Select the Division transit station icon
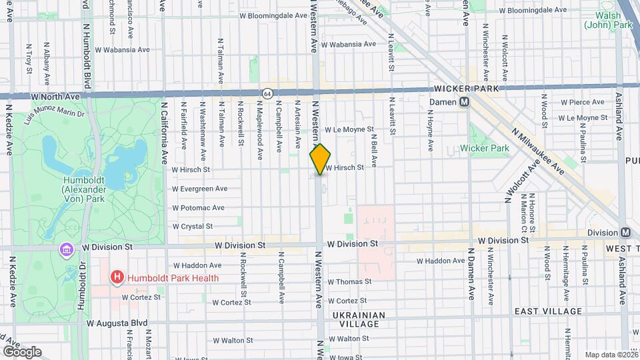(x=625, y=233)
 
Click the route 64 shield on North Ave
(x=267, y=93)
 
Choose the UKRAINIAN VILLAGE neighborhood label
(x=356, y=319)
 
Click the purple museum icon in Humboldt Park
(x=67, y=249)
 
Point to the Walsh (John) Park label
(x=608, y=20)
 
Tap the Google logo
(x=21, y=351)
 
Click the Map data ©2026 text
(x=611, y=355)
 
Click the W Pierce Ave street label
(x=583, y=103)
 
